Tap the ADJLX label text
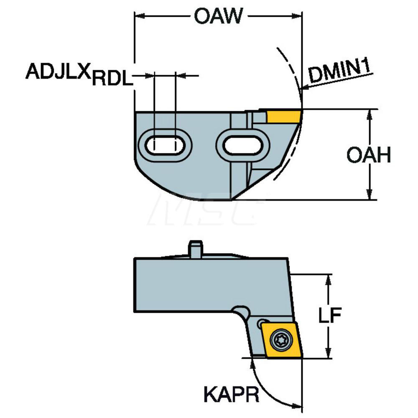(58, 71)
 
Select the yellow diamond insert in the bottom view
(279, 340)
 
